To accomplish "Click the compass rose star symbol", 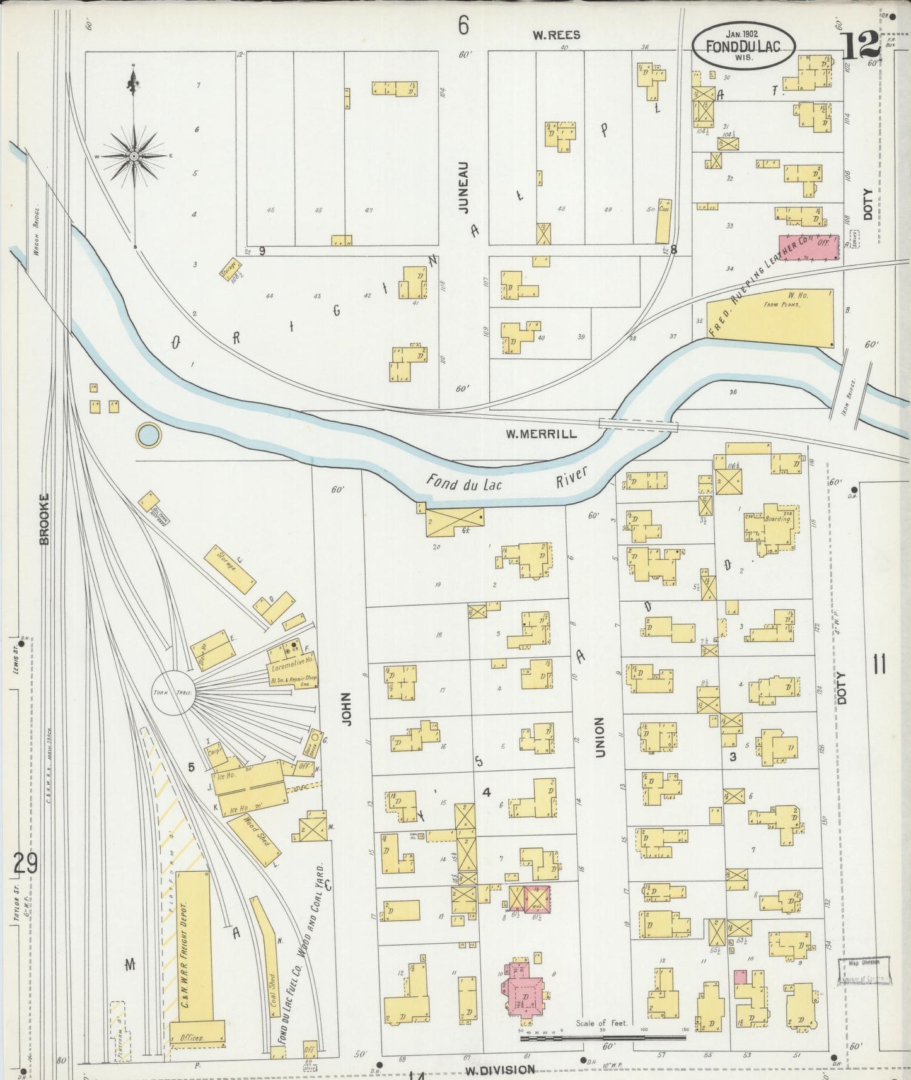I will [135, 155].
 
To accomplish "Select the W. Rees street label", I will [555, 35].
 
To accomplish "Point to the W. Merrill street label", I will [541, 434].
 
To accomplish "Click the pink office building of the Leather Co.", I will [809, 247].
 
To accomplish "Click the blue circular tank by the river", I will [149, 435].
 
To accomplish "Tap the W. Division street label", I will [500, 1070].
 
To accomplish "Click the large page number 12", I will [859, 45].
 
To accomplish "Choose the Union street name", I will [600, 737].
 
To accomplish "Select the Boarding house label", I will [778, 519].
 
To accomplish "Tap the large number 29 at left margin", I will [25, 863].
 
